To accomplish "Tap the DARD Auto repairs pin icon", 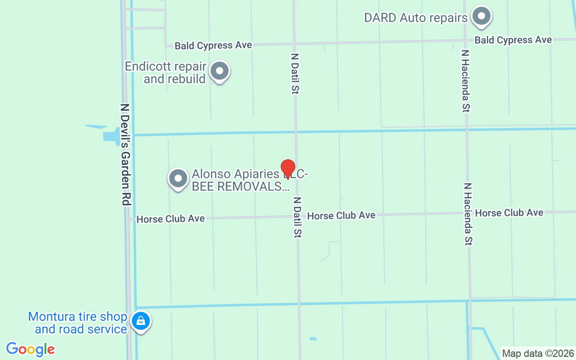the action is pos(481,16).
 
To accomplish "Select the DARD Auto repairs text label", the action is pos(416,18).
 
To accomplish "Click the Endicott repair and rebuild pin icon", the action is pos(220,71).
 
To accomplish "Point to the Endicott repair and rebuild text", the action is pos(166,72).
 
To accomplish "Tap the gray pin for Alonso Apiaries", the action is pos(178,179).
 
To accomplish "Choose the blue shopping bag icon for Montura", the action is pos(141,321).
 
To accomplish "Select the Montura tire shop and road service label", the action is pos(78,323).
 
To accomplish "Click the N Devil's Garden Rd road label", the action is pos(125,155).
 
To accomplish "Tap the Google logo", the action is pos(31,349).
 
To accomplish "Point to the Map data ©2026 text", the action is pos(538,353).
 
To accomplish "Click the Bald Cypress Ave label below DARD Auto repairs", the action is pos(513,40).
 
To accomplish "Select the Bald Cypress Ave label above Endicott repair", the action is pos(213,45).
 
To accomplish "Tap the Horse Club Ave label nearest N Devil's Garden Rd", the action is pos(171,219).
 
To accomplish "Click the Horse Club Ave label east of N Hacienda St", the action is pos(509,213).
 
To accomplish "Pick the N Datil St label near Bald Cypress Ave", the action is pos(295,74).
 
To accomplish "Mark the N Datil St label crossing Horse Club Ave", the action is pos(297,217).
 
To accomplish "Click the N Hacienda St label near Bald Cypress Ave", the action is pos(466,81).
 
